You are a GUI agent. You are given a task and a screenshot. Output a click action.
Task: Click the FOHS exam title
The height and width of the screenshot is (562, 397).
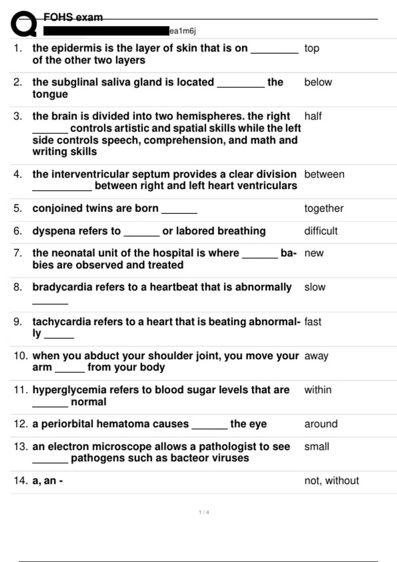click(x=73, y=17)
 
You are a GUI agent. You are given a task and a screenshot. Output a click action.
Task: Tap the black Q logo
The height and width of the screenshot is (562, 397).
click(x=23, y=24)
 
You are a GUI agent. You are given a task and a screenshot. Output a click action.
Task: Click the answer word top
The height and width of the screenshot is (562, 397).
click(x=312, y=48)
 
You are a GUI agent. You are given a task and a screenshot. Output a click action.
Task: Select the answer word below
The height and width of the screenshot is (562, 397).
click(x=318, y=82)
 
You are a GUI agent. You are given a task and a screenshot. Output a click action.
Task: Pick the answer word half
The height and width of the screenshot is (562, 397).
click(x=313, y=116)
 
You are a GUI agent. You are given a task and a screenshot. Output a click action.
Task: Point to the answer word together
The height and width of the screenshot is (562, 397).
click(x=324, y=209)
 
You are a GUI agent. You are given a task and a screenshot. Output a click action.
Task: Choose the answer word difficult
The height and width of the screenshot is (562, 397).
click(x=321, y=231)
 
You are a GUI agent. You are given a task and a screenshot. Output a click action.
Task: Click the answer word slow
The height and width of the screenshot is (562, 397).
click(x=315, y=287)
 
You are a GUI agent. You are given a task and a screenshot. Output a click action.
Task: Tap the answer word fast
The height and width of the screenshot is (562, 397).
click(x=313, y=322)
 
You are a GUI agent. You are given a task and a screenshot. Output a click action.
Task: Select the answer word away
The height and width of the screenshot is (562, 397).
click(x=316, y=356)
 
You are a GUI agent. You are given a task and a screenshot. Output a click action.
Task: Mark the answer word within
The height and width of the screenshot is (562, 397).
click(x=318, y=390)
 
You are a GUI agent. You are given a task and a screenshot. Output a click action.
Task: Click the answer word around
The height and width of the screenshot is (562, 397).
click(x=321, y=424)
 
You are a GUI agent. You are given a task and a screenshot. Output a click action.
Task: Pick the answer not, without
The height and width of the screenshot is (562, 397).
click(x=331, y=481)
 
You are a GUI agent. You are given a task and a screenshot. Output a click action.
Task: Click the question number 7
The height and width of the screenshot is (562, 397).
click(x=18, y=253)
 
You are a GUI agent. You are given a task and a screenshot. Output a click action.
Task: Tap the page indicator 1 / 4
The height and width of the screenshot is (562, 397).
click(x=204, y=512)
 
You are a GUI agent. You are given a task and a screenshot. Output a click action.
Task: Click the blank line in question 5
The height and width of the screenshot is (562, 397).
click(x=179, y=213)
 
